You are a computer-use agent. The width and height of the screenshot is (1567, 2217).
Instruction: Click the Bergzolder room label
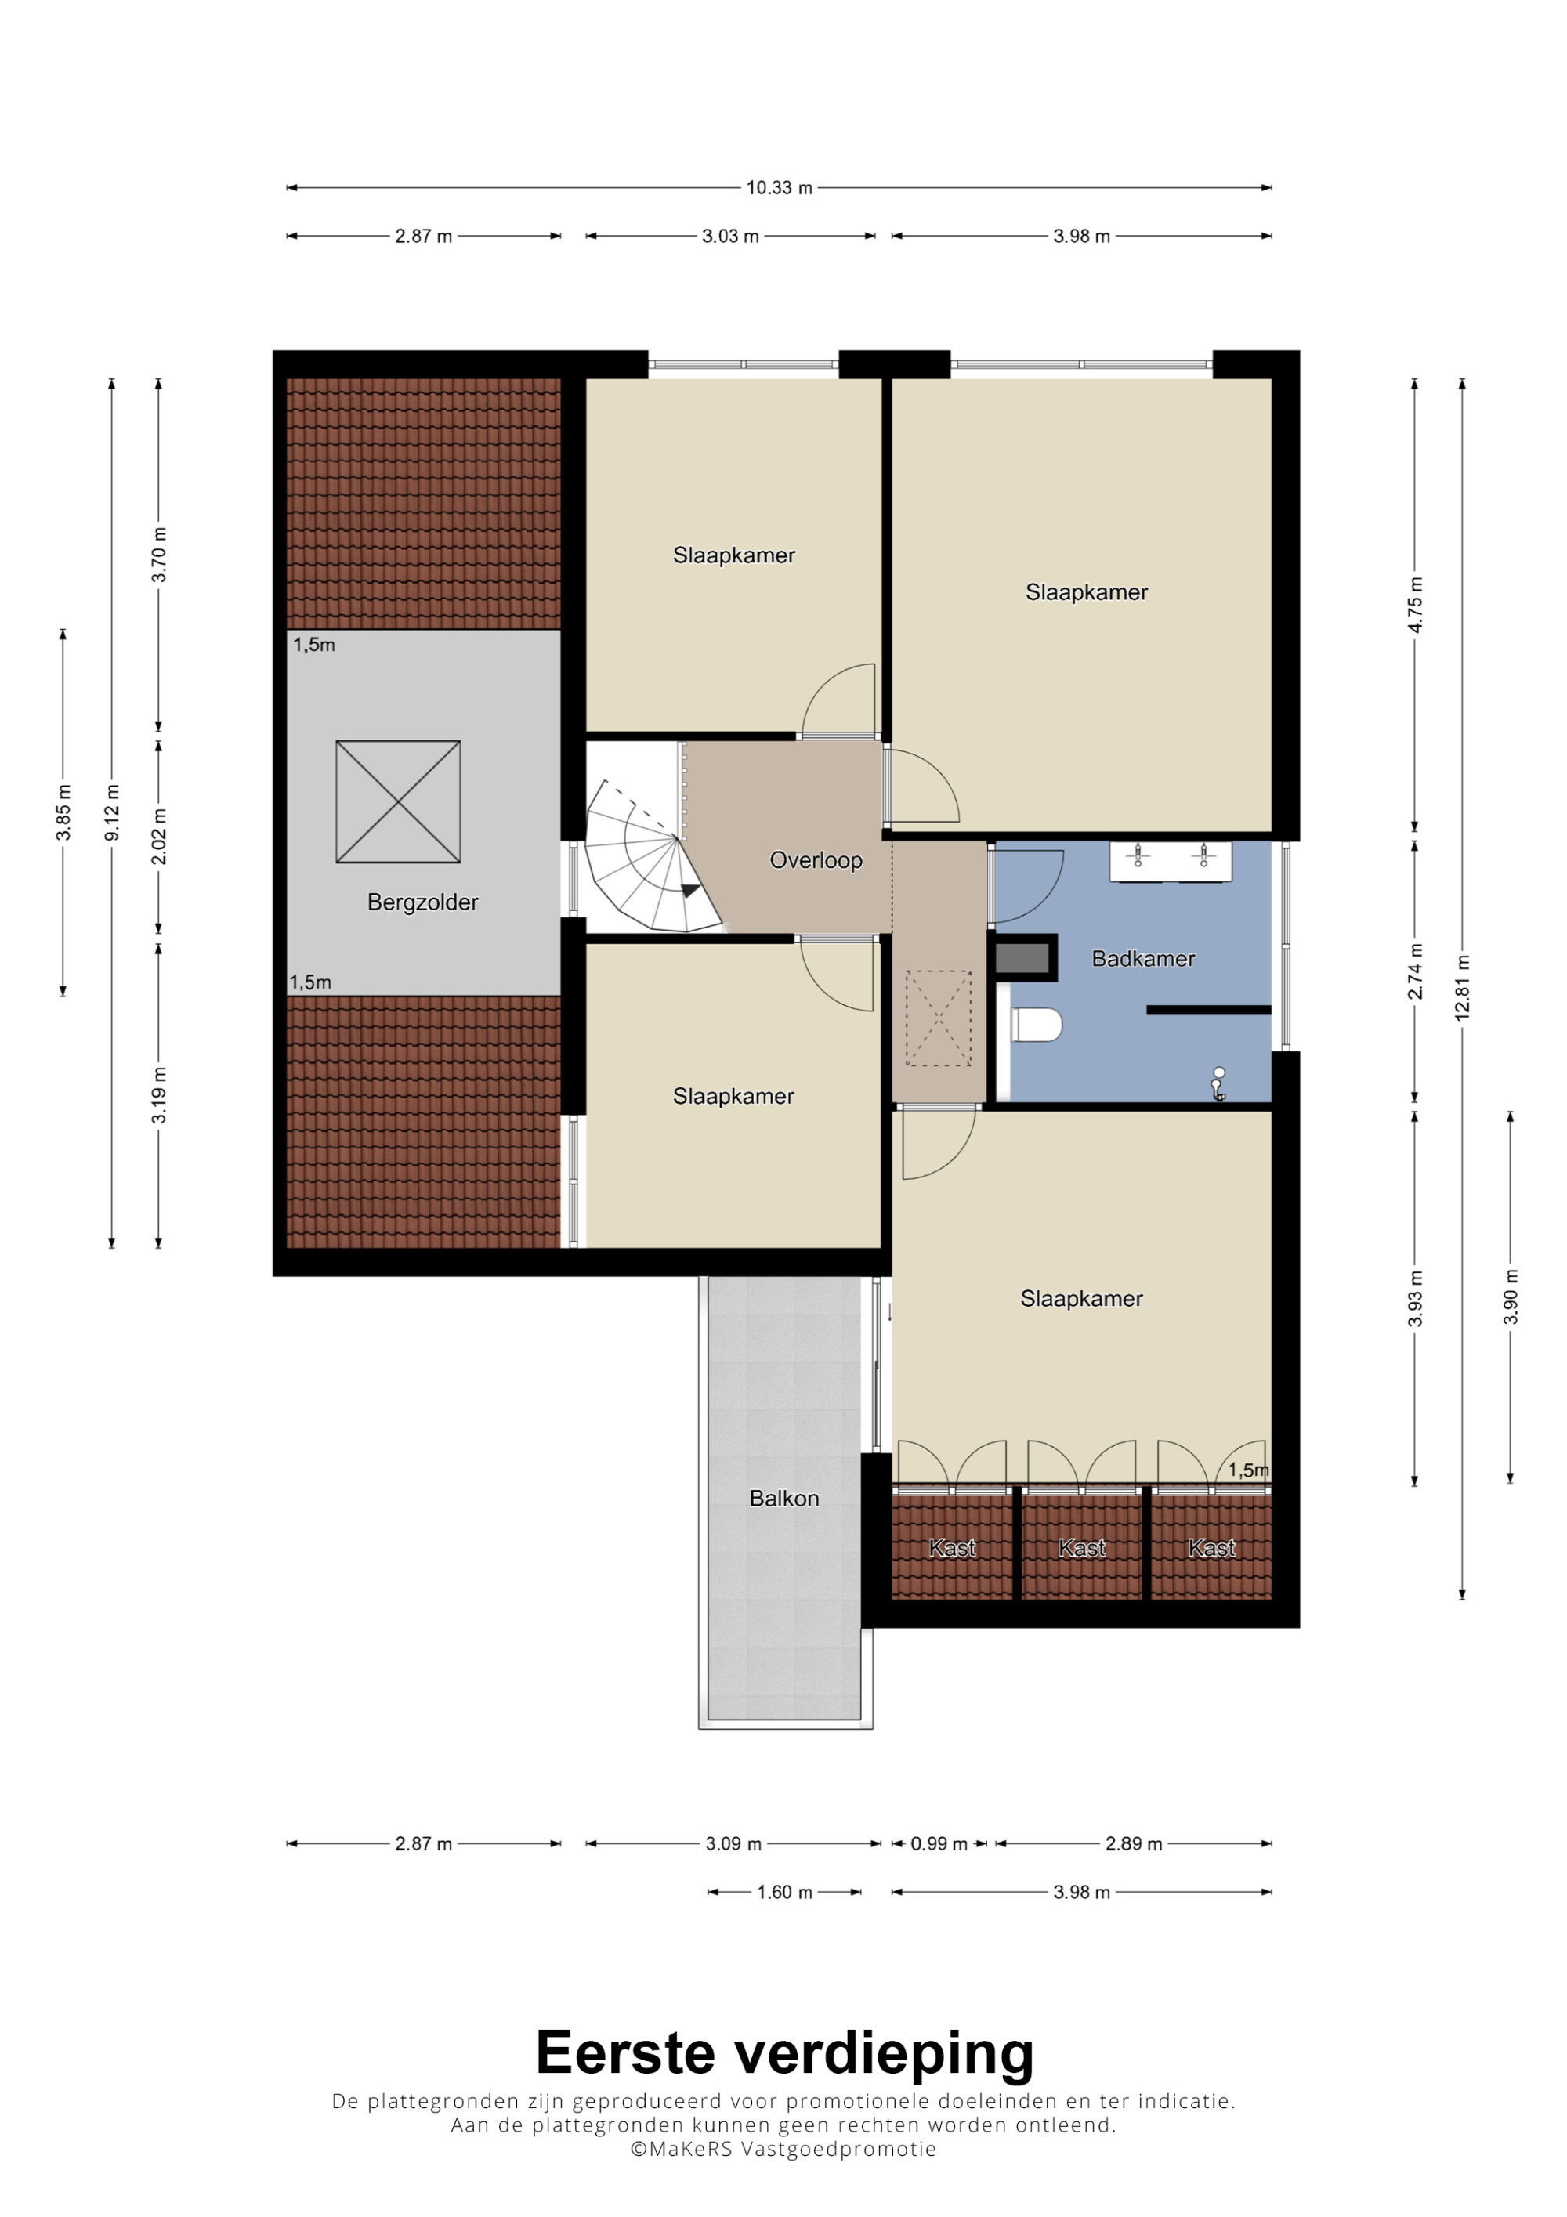[423, 902]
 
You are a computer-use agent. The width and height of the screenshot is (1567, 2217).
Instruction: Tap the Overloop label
[816, 859]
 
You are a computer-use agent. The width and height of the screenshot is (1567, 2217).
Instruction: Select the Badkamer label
[1143, 958]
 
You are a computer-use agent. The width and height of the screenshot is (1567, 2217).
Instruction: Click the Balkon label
[784, 1498]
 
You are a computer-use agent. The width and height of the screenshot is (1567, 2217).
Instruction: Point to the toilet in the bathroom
[1035, 1025]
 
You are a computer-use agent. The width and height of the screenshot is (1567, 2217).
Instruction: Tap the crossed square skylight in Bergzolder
[398, 801]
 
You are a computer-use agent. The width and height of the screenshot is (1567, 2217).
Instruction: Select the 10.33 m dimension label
[779, 187]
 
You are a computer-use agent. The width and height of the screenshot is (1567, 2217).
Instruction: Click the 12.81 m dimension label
[1463, 987]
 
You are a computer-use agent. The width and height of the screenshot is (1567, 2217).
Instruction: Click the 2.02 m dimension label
[159, 836]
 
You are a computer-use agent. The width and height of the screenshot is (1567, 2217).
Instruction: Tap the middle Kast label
[1081, 1548]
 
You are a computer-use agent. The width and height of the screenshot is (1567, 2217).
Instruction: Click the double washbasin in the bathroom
[1171, 860]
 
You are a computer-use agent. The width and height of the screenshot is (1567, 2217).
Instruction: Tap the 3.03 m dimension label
[730, 236]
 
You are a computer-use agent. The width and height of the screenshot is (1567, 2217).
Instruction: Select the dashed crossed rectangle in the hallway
[938, 1018]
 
